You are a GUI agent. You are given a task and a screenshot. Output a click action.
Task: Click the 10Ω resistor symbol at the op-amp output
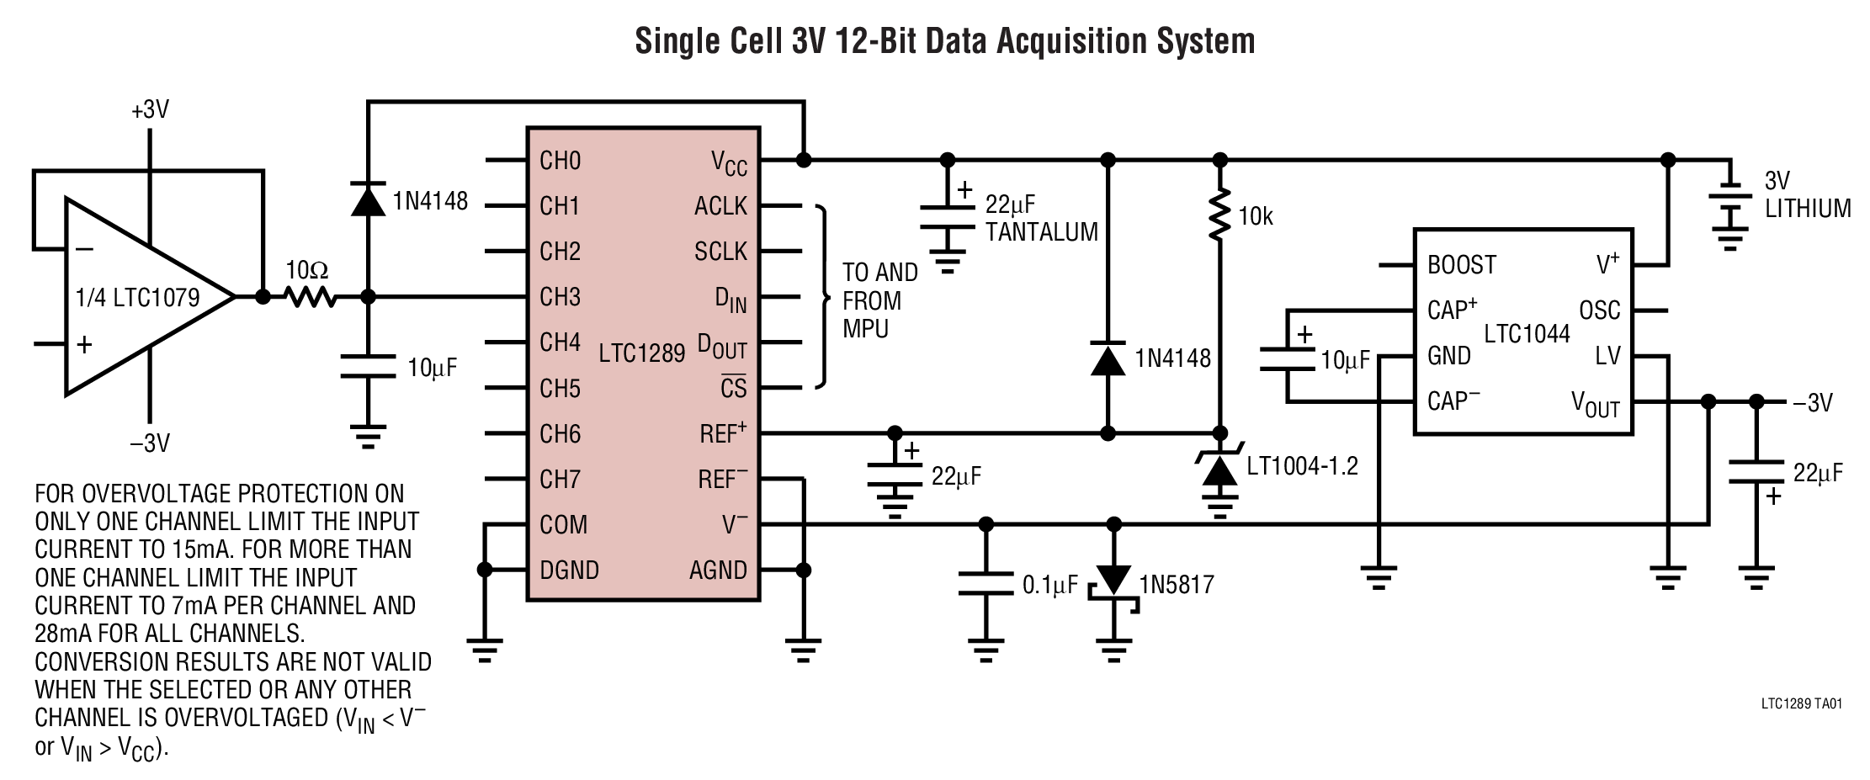309,296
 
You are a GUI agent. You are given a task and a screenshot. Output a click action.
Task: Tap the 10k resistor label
1255,217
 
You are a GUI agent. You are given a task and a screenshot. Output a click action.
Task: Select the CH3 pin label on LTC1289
560,297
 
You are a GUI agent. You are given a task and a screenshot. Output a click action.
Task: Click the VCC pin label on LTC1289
728,163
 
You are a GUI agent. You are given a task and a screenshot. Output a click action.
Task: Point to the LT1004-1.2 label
1302,466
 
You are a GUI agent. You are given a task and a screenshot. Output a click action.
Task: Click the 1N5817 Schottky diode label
1177,585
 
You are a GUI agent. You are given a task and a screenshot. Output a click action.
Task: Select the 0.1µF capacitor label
1049,585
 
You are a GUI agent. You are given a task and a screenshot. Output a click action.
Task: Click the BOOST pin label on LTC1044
1461,265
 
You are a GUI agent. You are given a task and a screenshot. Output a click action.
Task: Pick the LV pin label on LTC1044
1607,356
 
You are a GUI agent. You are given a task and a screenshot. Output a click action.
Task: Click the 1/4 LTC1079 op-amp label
137,298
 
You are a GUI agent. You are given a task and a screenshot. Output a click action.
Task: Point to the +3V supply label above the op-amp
150,110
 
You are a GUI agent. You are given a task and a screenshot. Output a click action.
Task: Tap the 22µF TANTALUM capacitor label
1041,219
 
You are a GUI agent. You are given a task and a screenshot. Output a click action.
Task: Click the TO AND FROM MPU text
879,300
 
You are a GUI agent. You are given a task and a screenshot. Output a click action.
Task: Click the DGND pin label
569,570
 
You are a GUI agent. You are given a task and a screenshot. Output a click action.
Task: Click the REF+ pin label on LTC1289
722,433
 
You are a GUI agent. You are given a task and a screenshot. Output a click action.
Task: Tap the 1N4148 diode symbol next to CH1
368,199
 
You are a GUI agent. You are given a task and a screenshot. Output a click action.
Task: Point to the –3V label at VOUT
1812,402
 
